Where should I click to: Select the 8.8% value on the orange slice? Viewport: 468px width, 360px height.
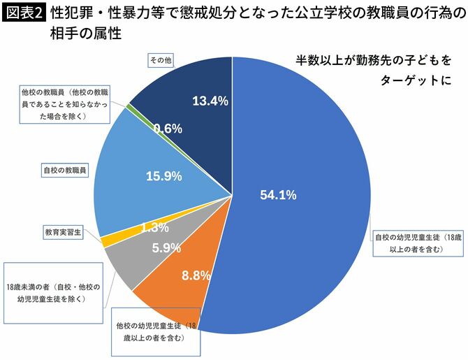196,275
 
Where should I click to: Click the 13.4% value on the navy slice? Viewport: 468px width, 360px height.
210,101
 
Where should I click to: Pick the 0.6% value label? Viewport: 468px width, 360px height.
168,128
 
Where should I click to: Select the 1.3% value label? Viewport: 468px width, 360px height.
154,227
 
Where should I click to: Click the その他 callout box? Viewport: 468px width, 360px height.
161,62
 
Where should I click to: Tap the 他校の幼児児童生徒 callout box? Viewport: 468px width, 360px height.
154,332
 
